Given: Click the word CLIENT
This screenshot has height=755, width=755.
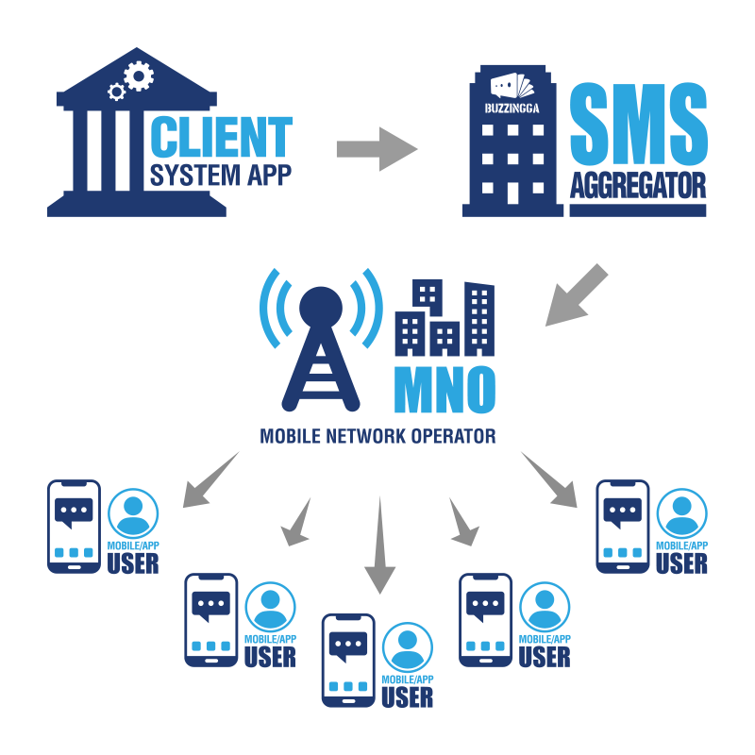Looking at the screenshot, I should click(222, 137).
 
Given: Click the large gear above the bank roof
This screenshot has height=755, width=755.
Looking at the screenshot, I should click(139, 75).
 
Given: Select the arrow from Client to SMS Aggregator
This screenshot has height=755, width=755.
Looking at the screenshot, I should click(377, 149).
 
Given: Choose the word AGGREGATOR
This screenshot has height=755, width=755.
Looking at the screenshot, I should click(637, 186).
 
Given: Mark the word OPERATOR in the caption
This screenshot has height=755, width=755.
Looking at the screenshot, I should click(457, 437).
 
